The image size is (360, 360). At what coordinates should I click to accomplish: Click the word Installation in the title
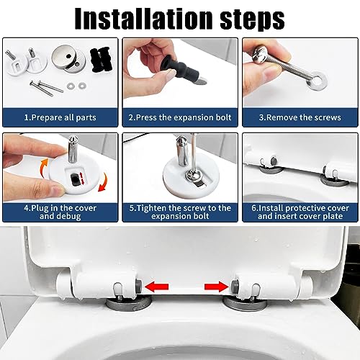(x=143, y=18)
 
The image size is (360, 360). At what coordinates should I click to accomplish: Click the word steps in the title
(x=252, y=19)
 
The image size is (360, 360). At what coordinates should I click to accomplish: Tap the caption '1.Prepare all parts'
(x=60, y=117)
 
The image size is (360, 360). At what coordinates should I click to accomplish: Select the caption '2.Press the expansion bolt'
(x=180, y=117)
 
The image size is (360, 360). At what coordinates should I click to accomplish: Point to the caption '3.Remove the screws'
(x=300, y=117)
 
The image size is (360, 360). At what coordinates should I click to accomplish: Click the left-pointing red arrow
(x=157, y=287)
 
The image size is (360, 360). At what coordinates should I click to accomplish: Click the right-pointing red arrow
(x=217, y=287)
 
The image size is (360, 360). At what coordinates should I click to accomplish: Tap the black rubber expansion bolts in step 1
(x=100, y=60)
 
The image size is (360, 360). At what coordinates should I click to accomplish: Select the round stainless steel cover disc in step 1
(x=68, y=59)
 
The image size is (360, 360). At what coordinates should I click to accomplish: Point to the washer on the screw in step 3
(x=318, y=80)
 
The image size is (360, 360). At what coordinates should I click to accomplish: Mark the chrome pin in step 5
(x=183, y=150)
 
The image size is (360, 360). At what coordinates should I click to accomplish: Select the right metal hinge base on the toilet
(x=246, y=303)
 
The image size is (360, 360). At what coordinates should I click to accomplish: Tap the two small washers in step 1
(x=76, y=85)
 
